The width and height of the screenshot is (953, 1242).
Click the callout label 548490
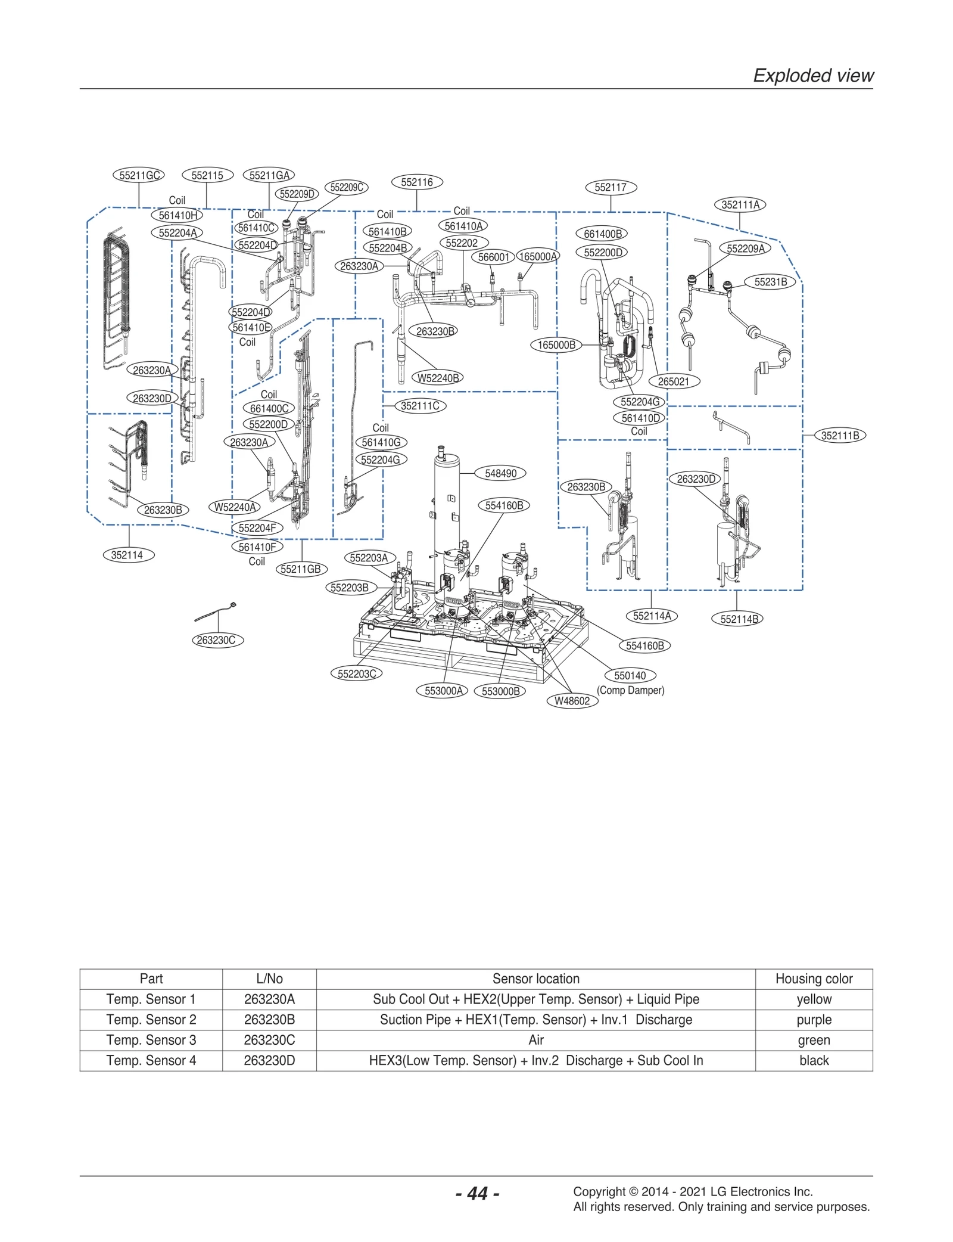(x=500, y=473)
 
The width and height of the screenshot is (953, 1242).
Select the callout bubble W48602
(x=571, y=701)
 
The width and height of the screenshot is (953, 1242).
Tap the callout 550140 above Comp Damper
(x=630, y=675)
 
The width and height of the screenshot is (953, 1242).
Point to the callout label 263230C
(x=217, y=640)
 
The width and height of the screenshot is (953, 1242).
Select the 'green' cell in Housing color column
(x=813, y=1040)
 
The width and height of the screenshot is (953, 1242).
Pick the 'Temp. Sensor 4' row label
(x=151, y=1060)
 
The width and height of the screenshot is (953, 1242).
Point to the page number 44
(x=477, y=1193)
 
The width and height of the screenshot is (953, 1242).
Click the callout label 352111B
(x=839, y=436)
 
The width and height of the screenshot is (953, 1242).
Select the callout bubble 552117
(x=611, y=187)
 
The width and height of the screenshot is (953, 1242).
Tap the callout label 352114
(x=127, y=555)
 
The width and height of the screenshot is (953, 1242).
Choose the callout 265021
(x=674, y=381)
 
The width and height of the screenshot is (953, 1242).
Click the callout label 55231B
(x=770, y=282)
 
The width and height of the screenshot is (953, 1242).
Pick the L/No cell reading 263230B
(x=269, y=1020)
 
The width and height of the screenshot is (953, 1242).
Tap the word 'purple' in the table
(x=813, y=1020)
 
